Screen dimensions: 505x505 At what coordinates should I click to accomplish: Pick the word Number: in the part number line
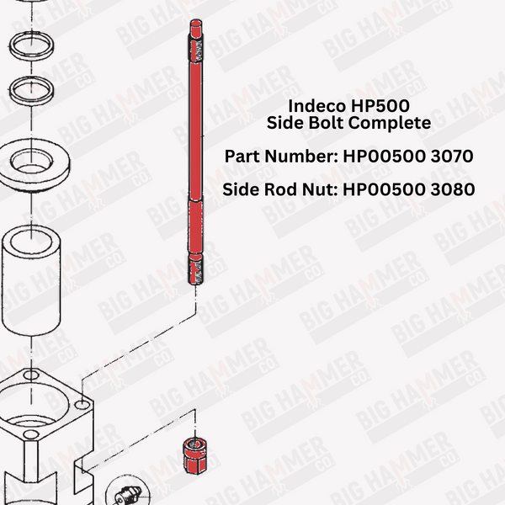click(302, 157)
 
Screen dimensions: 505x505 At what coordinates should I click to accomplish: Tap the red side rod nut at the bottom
click(195, 456)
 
